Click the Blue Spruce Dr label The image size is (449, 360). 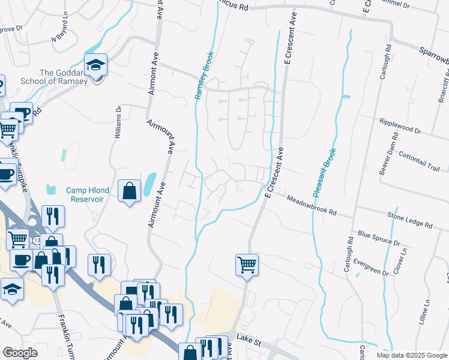click(379, 238)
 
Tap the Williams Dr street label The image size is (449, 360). click(118, 122)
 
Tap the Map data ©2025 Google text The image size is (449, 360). click(412, 355)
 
